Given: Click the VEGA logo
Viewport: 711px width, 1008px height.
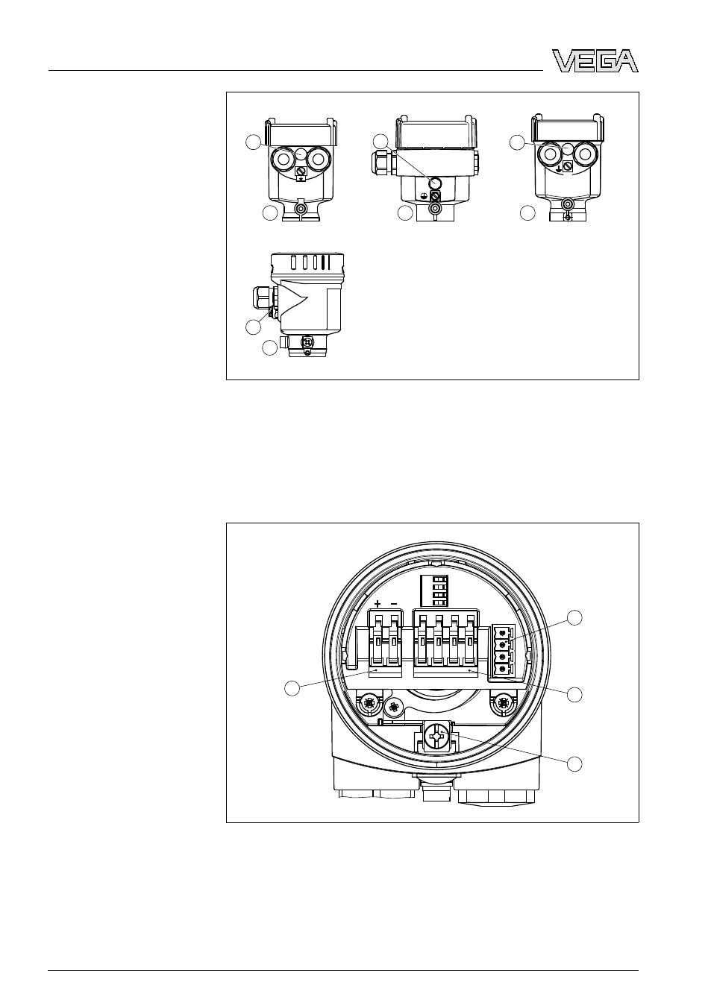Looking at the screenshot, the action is click(x=595, y=60).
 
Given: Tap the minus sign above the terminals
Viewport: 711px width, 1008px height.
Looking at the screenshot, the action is click(x=394, y=603).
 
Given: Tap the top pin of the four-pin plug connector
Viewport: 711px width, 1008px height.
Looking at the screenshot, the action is click(x=501, y=633).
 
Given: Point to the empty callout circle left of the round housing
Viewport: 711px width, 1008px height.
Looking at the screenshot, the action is click(x=292, y=701).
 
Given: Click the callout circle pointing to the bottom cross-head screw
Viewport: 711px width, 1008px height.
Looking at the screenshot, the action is click(x=574, y=764).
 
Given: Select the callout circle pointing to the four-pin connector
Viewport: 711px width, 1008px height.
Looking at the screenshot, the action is click(x=574, y=617).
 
